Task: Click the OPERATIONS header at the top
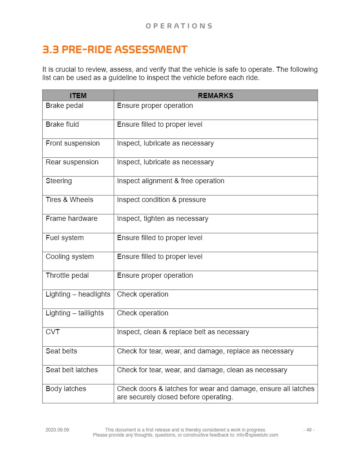(x=179, y=26)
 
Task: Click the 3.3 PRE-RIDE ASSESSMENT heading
(x=115, y=50)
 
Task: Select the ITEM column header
(x=78, y=96)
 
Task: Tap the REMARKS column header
(x=215, y=96)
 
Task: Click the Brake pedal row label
(x=65, y=106)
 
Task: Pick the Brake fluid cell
(x=62, y=124)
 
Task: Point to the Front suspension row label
(x=73, y=143)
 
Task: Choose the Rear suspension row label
(x=72, y=162)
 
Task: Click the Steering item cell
(x=59, y=181)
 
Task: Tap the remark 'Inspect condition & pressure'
(x=161, y=200)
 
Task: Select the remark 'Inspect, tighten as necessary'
(x=162, y=218)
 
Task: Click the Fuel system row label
(x=65, y=238)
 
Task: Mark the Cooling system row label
(x=70, y=257)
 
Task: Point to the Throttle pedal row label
(x=67, y=275)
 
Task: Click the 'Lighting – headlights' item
(x=78, y=294)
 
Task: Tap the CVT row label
(x=53, y=332)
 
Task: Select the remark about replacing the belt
(x=183, y=332)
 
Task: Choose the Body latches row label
(x=66, y=389)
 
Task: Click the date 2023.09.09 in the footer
(x=57, y=430)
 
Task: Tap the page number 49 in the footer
(x=309, y=430)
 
